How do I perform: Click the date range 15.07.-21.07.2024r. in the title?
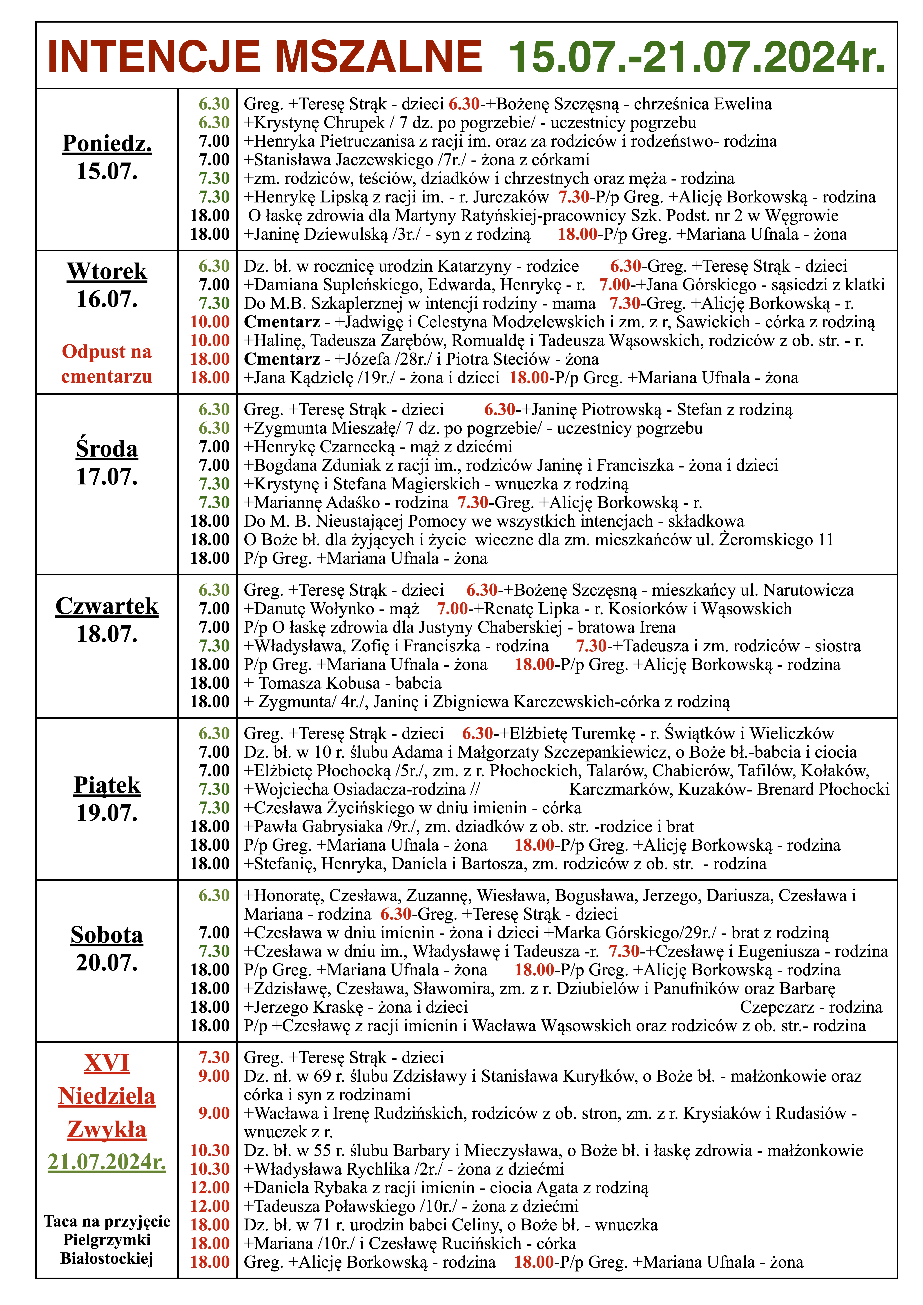[697, 57]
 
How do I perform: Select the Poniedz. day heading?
[107, 143]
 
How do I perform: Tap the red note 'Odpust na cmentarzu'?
[107, 364]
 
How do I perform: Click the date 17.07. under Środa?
[107, 476]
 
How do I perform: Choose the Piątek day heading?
[107, 786]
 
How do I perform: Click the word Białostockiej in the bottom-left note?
[107, 1258]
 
